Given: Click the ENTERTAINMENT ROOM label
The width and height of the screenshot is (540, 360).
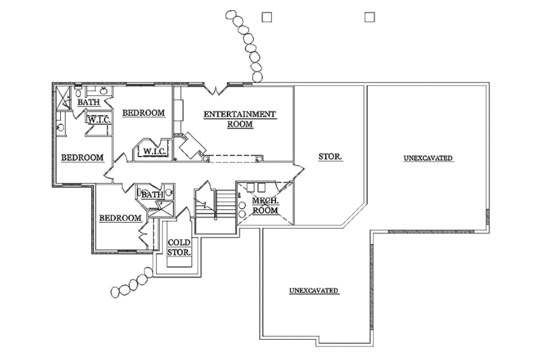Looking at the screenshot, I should coord(240,119).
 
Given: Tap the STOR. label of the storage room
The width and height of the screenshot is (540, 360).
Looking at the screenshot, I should coord(330,157).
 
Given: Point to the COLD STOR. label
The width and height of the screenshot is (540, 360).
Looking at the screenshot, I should coord(179,247).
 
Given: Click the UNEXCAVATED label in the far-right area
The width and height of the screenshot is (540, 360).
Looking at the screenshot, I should coord(428,158).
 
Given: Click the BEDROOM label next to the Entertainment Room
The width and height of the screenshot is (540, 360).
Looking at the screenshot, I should coord(143,113).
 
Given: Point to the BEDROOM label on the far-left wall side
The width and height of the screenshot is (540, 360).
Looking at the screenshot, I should coord(82,157).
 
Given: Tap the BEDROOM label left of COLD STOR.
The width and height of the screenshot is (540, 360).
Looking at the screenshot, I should coord(120,218).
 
